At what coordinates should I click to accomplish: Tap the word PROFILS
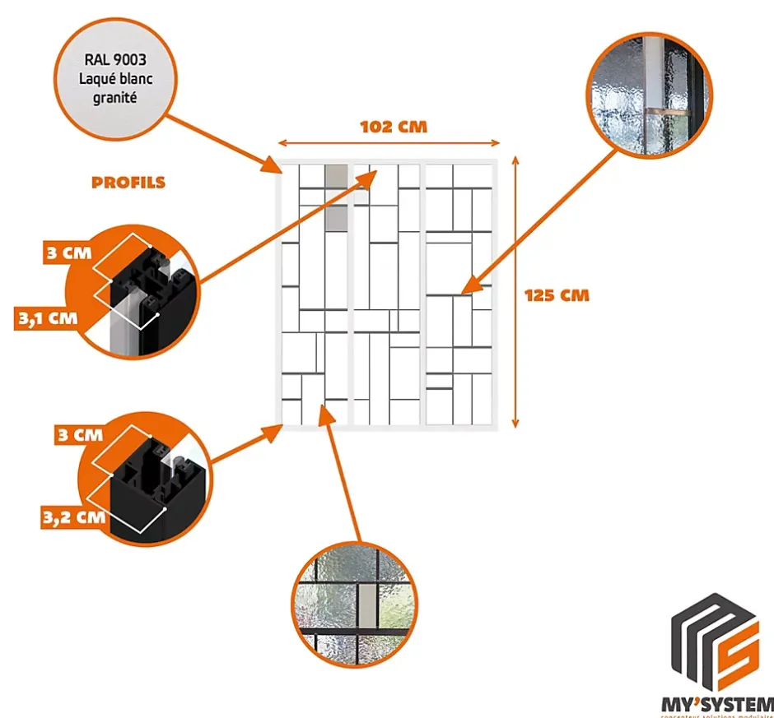(x=128, y=183)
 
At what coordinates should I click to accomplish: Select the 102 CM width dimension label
(x=394, y=127)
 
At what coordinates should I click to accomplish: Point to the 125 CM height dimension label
(x=557, y=294)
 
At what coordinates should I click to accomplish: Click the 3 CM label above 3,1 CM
(x=68, y=252)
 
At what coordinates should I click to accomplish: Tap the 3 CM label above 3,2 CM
(x=79, y=434)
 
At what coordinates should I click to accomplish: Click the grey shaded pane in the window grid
(x=336, y=197)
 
